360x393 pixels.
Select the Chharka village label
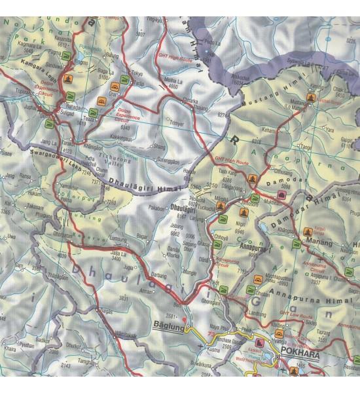pos(189,100)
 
